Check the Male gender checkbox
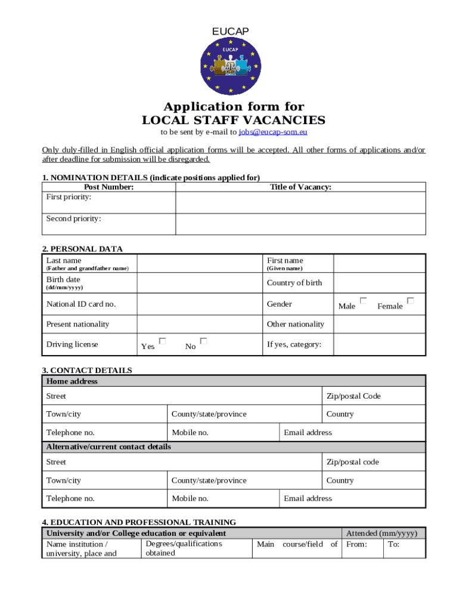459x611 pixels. click(363, 301)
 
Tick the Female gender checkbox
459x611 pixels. click(410, 301)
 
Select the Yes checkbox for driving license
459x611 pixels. click(162, 341)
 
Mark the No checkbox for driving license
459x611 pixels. click(203, 341)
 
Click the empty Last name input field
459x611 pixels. click(200, 264)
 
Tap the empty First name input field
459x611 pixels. click(379, 264)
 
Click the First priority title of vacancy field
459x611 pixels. click(300, 202)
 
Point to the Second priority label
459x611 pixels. click(73, 218)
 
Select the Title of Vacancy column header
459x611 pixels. click(300, 187)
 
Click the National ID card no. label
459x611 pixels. click(81, 304)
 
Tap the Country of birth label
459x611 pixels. click(294, 283)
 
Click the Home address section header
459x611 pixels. click(72, 381)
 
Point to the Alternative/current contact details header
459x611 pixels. click(108, 447)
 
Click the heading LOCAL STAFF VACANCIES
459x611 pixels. click(234, 120)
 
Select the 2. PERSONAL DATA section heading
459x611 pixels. click(82, 249)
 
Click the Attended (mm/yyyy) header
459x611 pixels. click(382, 533)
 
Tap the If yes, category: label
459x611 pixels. click(294, 344)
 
